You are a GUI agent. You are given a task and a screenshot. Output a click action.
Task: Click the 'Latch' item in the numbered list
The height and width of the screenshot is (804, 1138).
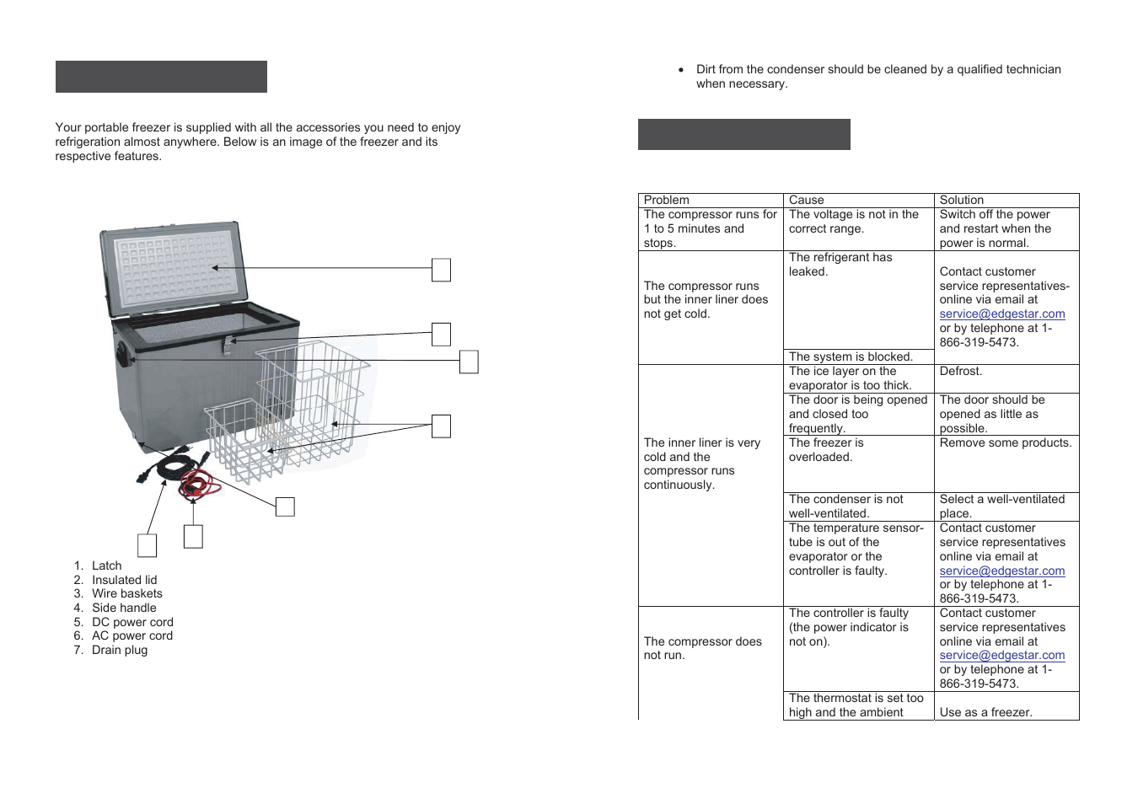pos(106,565)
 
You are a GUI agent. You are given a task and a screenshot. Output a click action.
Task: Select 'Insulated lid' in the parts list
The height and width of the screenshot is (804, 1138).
pos(124,580)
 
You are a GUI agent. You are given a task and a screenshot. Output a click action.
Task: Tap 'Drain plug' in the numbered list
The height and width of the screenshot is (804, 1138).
pos(119,650)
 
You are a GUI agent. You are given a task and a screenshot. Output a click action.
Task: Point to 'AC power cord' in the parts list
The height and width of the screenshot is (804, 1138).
pos(132,635)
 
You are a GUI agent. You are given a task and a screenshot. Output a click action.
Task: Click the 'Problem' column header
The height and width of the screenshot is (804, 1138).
pos(666,200)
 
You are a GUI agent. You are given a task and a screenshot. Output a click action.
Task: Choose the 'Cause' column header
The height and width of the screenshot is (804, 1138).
pos(806,200)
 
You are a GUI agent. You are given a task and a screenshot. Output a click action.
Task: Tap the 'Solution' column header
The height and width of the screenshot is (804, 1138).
pos(961,200)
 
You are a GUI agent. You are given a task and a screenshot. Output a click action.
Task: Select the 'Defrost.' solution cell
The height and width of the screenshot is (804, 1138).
pos(960,371)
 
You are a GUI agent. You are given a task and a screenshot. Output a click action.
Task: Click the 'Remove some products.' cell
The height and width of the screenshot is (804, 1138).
pos(1005,442)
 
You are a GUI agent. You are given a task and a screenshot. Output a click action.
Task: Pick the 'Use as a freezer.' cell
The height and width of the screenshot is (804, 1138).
pos(985,712)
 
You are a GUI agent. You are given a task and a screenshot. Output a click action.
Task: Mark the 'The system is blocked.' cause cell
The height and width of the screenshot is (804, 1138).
pos(850,356)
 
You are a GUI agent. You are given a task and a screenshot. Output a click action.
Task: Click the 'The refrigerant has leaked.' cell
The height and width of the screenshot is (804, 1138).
pos(840,265)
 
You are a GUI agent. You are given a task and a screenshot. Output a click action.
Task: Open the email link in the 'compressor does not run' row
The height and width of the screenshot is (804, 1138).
pos(1001,655)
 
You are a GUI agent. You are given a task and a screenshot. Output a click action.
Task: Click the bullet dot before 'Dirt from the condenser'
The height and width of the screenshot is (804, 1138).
pos(681,70)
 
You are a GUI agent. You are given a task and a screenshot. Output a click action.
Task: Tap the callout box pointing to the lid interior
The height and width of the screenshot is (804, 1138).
pos(441,270)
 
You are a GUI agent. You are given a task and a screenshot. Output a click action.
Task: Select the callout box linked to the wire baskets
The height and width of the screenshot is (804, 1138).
pos(441,426)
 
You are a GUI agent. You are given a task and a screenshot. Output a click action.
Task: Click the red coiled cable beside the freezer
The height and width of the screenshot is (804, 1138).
pos(199,485)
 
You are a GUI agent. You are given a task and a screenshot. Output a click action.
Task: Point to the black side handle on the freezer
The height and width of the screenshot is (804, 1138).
pos(123,353)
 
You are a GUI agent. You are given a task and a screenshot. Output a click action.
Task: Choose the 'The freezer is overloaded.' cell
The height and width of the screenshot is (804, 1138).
pos(825,450)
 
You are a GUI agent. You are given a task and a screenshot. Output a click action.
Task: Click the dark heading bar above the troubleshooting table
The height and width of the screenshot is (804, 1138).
pos(743,134)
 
